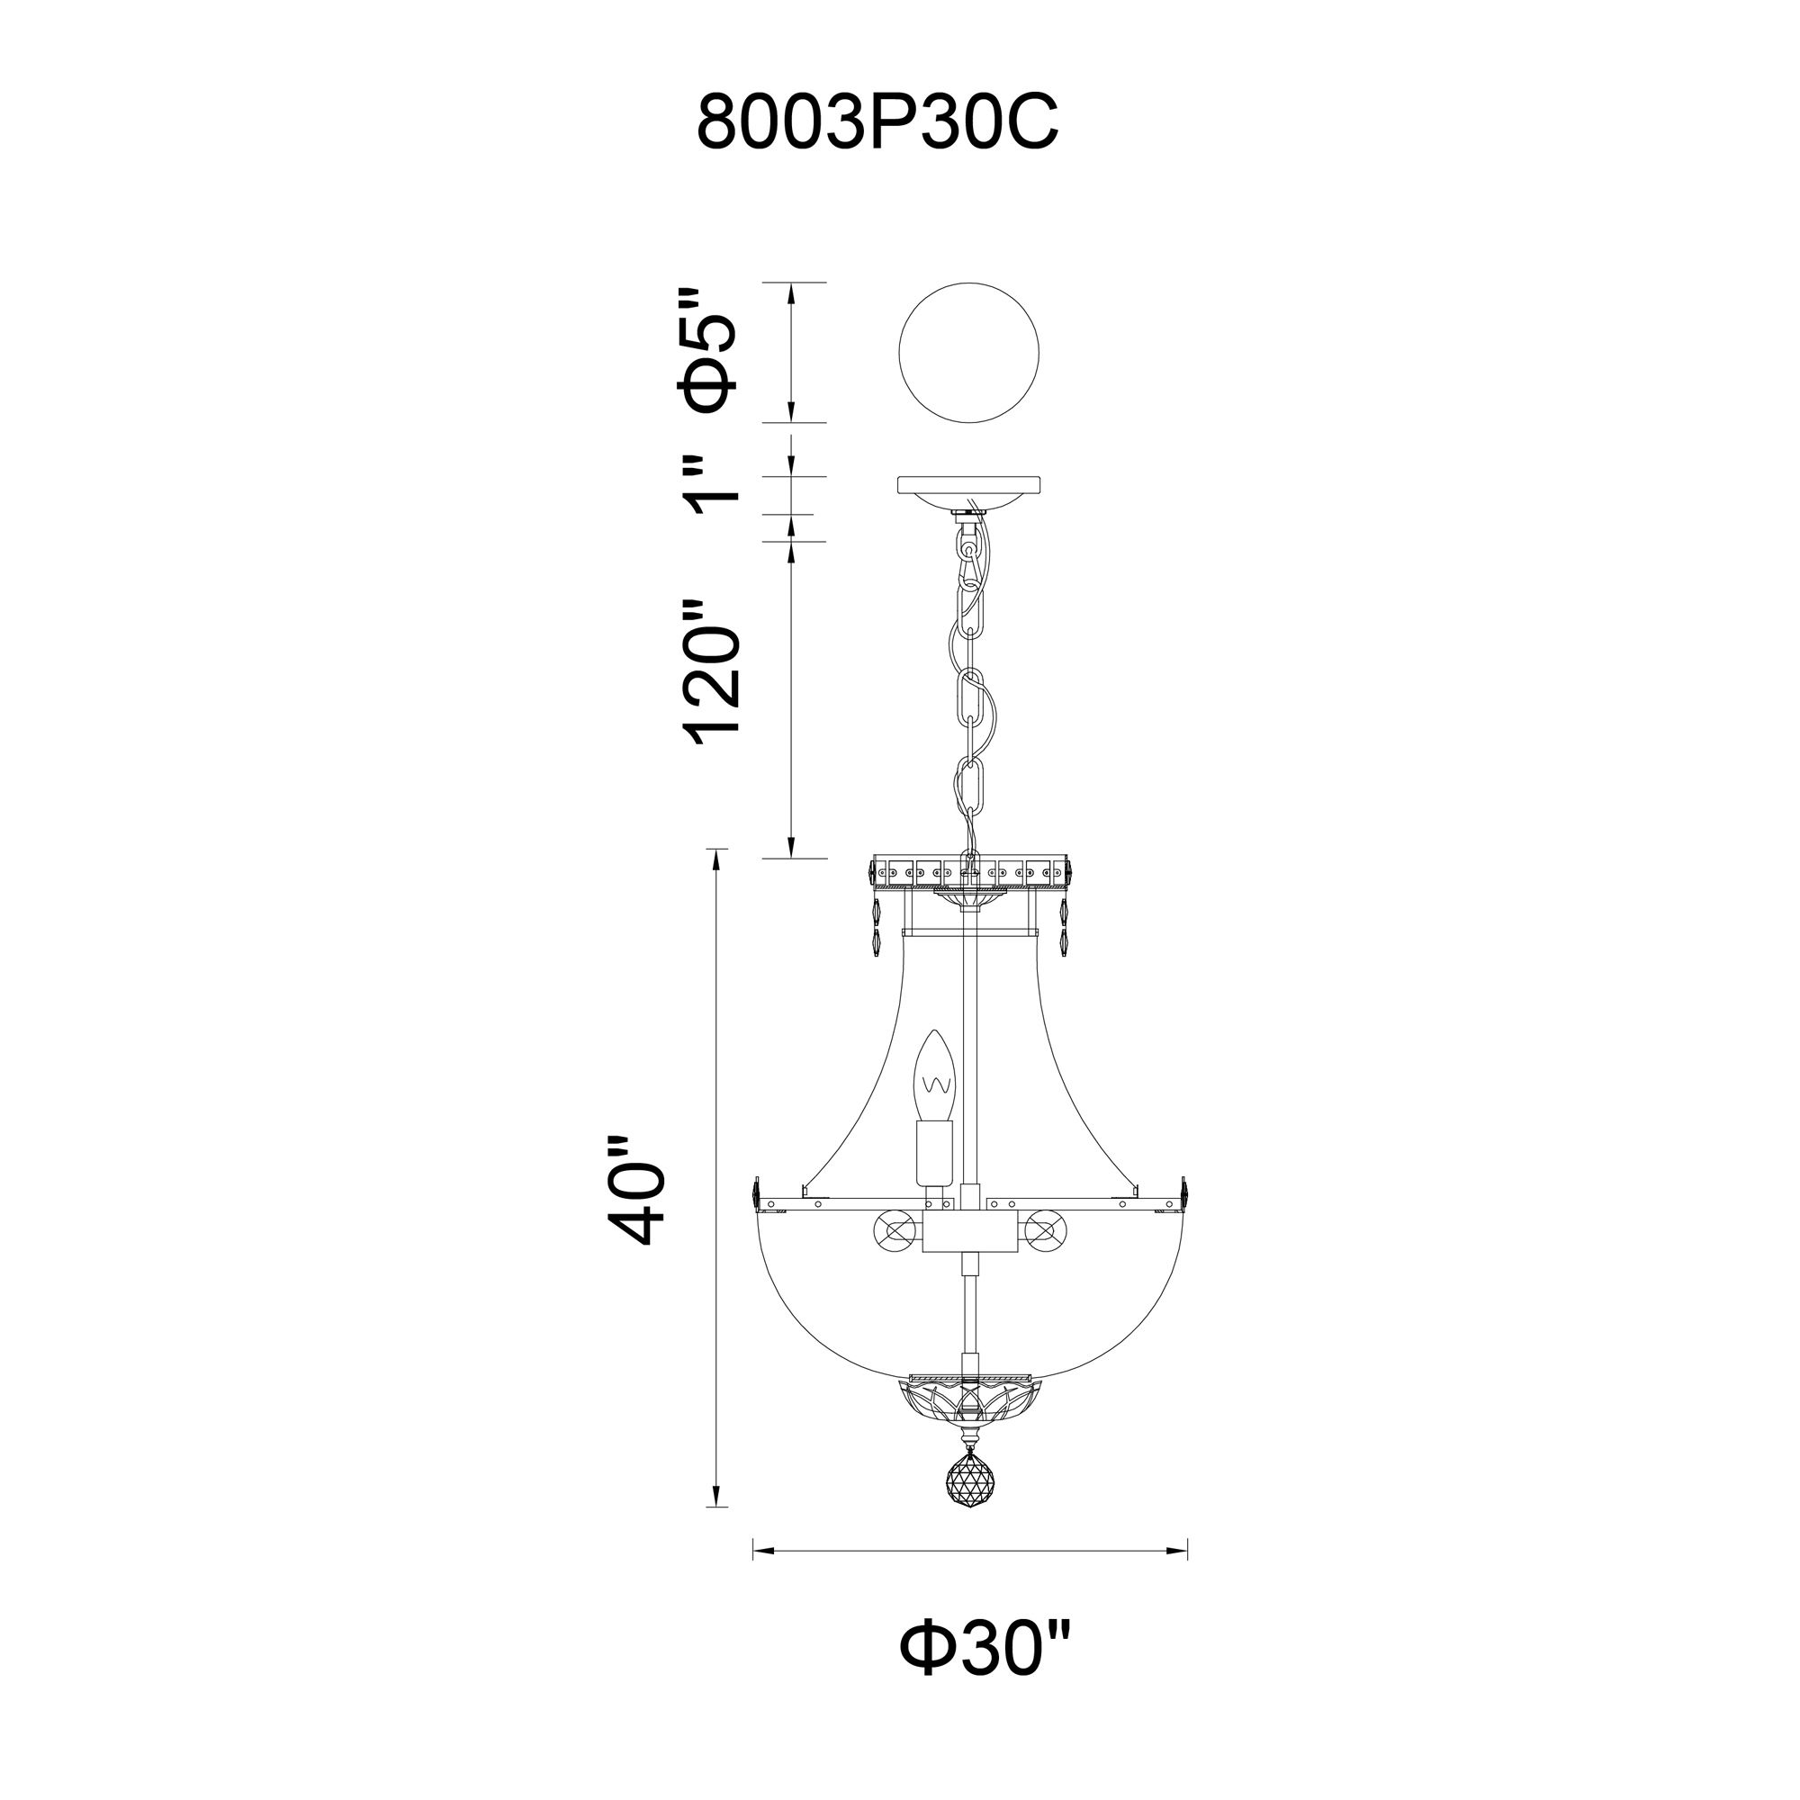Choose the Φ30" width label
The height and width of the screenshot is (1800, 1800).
985,1673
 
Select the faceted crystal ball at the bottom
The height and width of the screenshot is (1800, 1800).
969,1504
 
